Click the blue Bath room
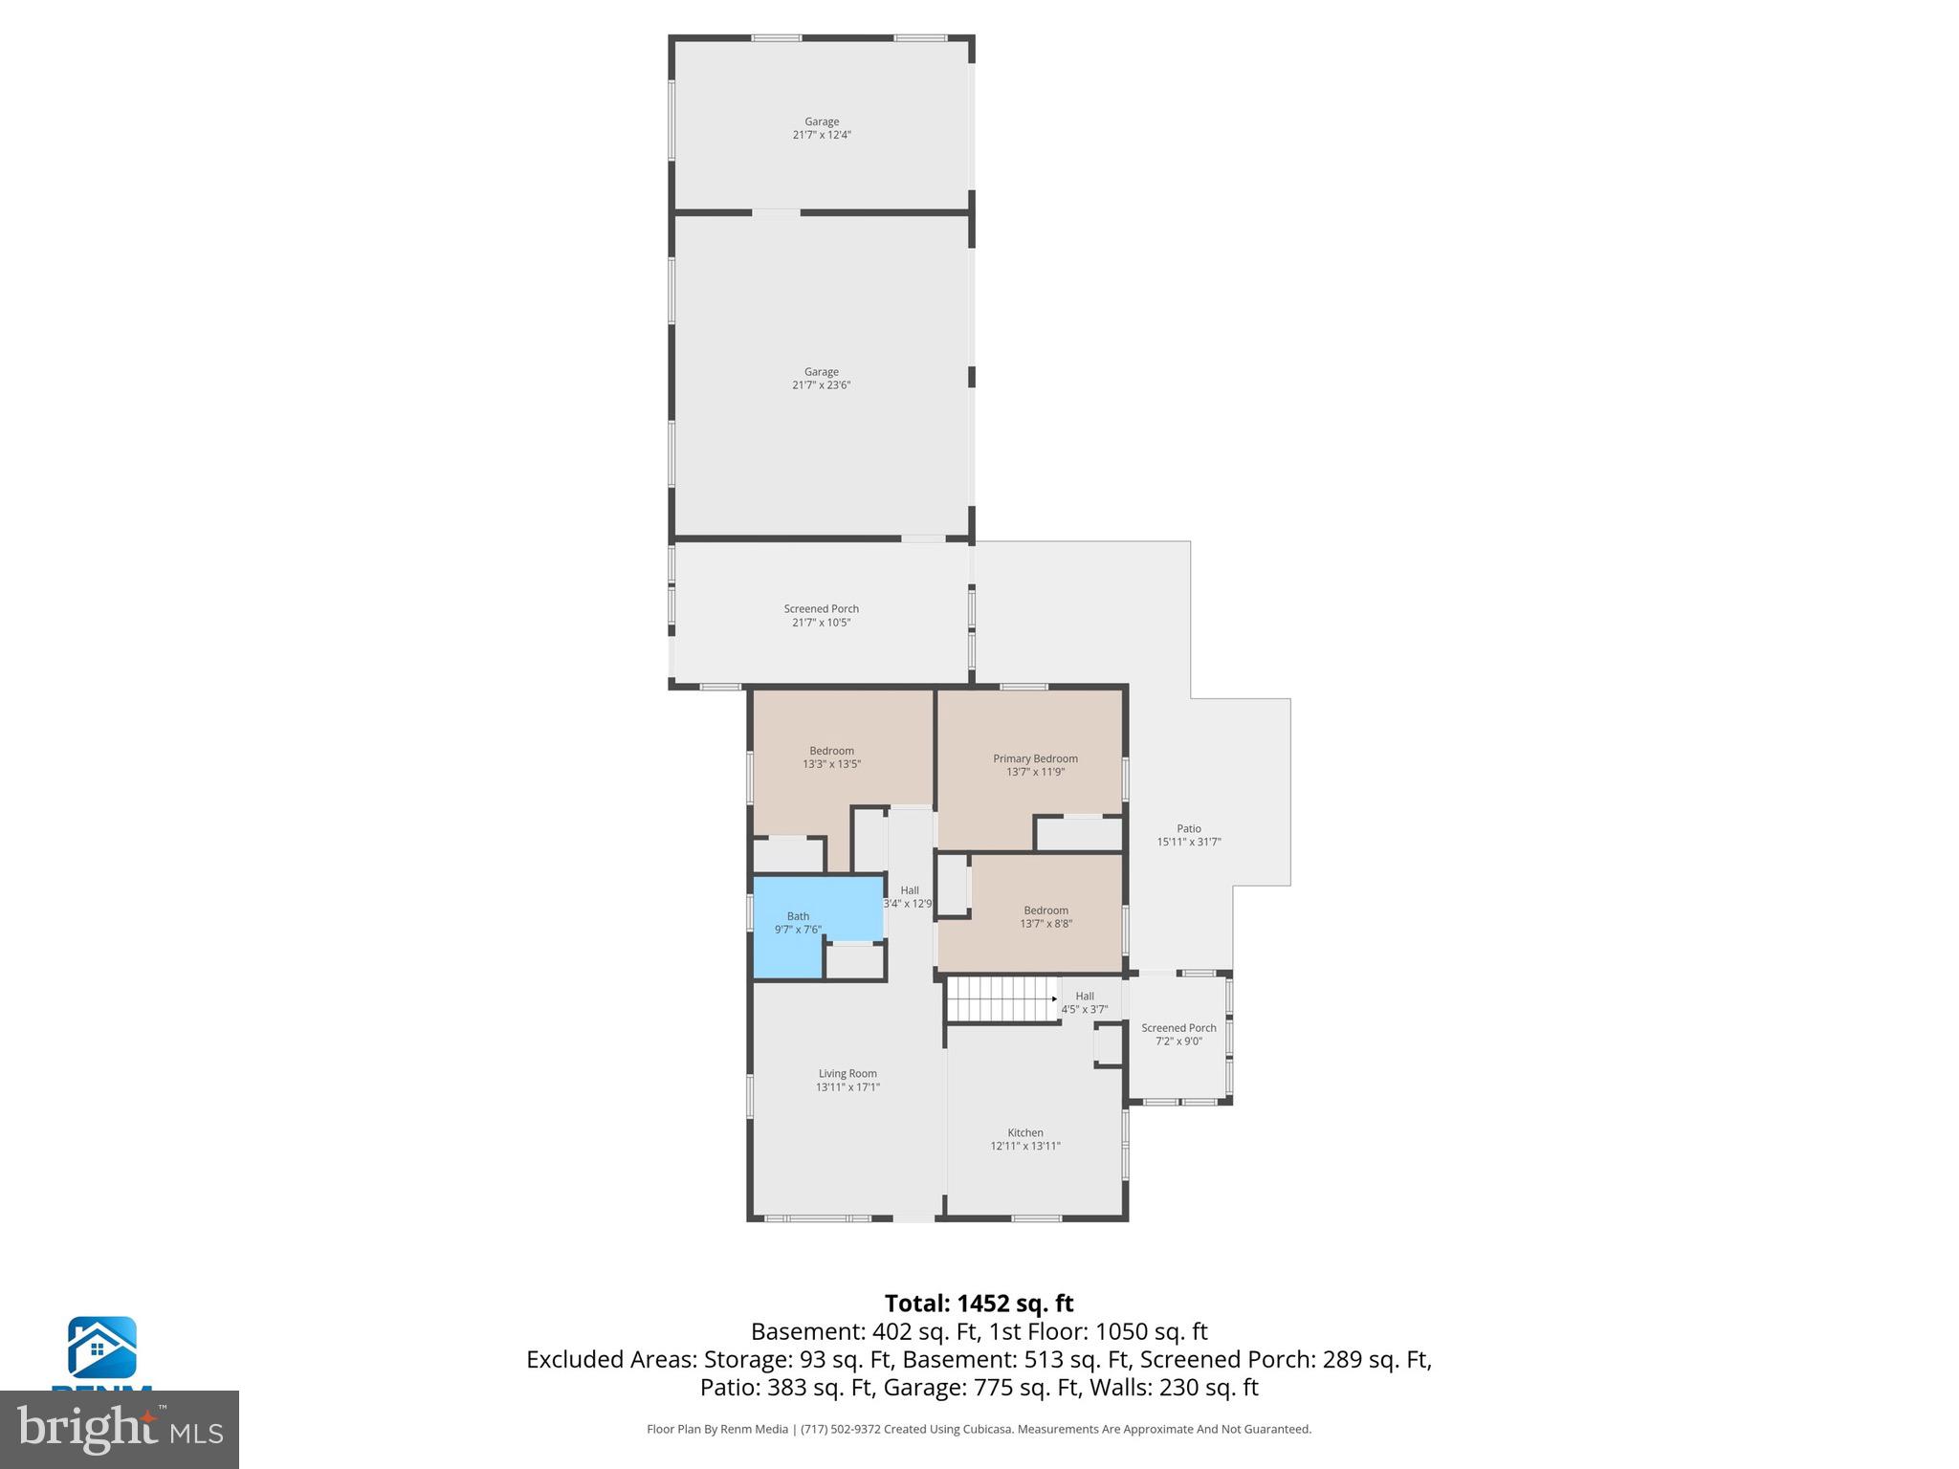pos(799,923)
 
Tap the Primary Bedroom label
pos(1035,758)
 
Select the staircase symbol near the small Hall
pos(1001,998)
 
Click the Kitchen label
pos(1024,1132)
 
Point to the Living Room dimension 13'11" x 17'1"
pos(847,1087)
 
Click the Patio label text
pos(1189,829)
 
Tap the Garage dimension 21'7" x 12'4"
pos(821,136)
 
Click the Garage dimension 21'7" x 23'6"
pos(821,385)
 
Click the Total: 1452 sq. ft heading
pos(979,1304)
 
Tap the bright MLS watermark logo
pos(120,1430)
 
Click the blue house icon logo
pos(101,1348)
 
